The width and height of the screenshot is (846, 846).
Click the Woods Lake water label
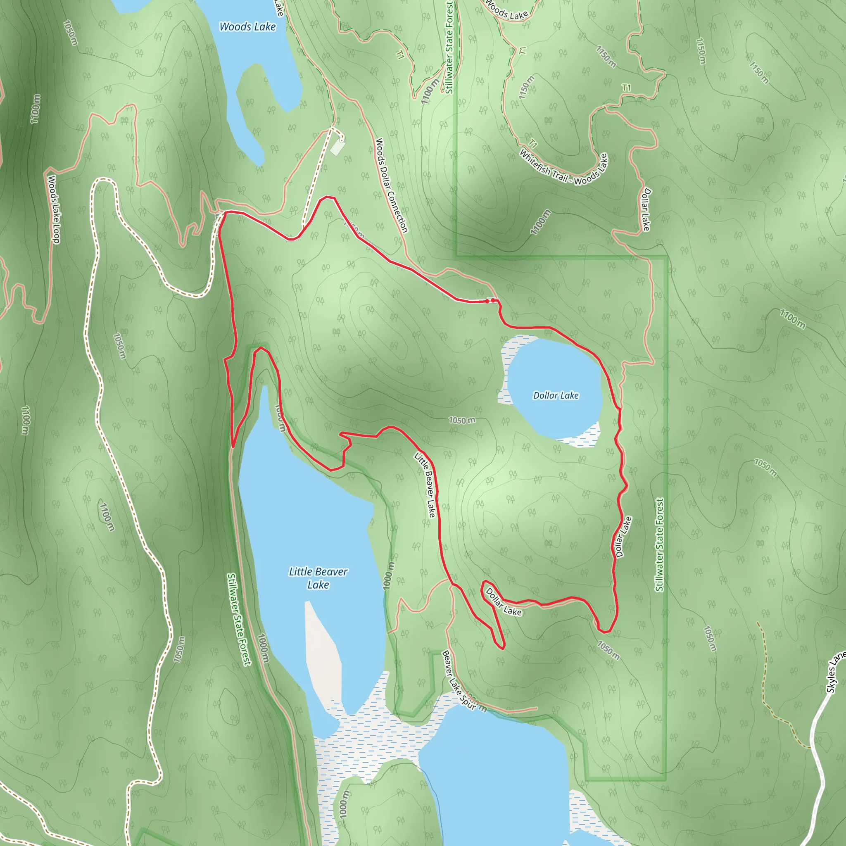click(247, 27)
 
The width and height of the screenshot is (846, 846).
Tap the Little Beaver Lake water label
click(318, 577)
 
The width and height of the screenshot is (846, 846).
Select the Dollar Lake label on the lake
click(556, 395)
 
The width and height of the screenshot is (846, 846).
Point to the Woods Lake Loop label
click(53, 209)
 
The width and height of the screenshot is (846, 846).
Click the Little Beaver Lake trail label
click(425, 485)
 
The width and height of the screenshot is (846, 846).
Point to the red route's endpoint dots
click(490, 301)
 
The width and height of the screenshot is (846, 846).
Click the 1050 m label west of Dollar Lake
click(462, 421)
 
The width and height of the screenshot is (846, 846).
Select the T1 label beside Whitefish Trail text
click(532, 144)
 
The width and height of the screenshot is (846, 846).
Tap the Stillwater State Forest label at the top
click(449, 47)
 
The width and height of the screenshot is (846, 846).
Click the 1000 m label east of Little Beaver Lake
click(388, 575)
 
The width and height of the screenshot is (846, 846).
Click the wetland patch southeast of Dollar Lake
click(582, 436)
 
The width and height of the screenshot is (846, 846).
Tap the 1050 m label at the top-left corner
click(71, 33)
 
